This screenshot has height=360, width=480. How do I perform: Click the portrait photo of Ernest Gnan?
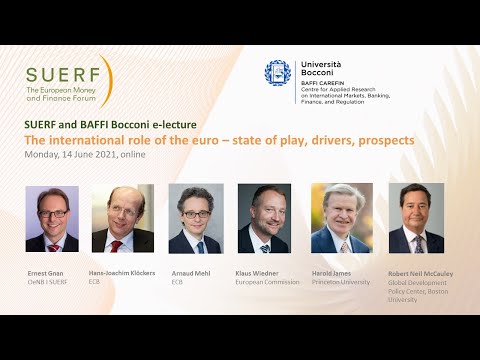pyautogui.click(x=51, y=219)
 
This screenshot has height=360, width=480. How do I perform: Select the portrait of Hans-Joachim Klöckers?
pyautogui.click(x=123, y=219)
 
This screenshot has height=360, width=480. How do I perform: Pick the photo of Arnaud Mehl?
pyautogui.click(x=195, y=219)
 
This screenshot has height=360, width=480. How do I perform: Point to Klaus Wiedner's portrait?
pyautogui.click(x=265, y=219)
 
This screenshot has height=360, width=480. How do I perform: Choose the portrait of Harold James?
pyautogui.click(x=341, y=219)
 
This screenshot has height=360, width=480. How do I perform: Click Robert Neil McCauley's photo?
pyautogui.click(x=415, y=219)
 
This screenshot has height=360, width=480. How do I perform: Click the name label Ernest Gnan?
pyautogui.click(x=45, y=271)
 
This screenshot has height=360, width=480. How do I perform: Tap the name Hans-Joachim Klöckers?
pyautogui.click(x=123, y=271)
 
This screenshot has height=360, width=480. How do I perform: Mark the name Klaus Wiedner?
pyautogui.click(x=259, y=271)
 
